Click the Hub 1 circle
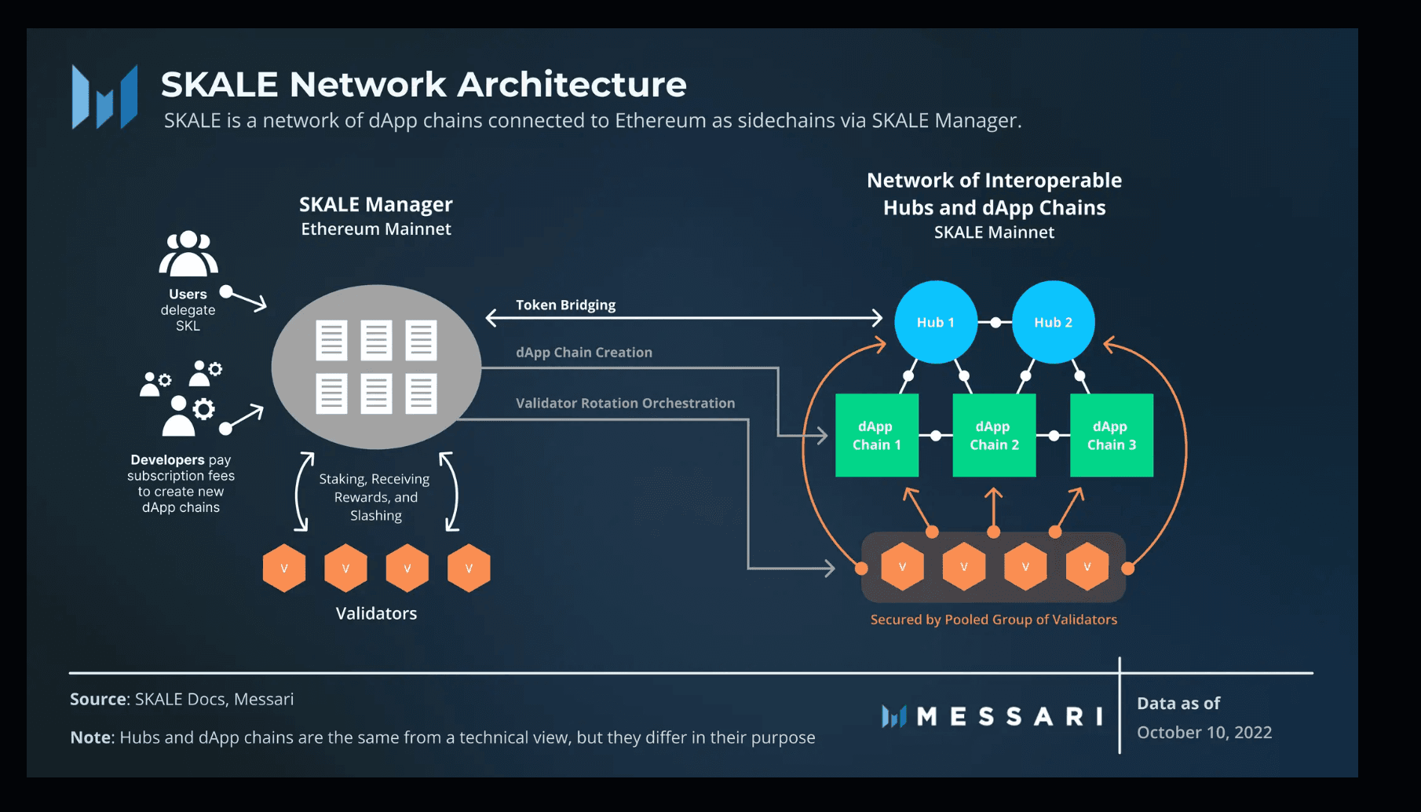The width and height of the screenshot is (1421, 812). point(936,322)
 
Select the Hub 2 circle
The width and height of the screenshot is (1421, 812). point(1053,322)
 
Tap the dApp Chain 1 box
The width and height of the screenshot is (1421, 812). point(876,435)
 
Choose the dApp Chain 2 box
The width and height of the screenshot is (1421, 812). point(994,435)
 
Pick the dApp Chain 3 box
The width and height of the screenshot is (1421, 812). point(1111,435)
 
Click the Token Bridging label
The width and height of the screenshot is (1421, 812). point(565,305)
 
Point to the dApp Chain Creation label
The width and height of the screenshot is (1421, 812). point(583,353)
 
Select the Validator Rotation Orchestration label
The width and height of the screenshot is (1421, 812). point(625,403)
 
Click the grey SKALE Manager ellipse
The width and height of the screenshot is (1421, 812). point(376,367)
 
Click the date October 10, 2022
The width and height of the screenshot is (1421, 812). point(1204,732)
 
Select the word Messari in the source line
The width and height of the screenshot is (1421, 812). point(264,699)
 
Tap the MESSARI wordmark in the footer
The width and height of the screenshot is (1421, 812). point(1008,716)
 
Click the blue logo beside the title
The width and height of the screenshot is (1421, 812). point(104,97)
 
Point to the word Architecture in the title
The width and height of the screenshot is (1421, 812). point(572,84)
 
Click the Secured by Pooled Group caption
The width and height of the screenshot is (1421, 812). point(993,620)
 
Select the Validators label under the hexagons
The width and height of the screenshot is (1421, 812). point(376,613)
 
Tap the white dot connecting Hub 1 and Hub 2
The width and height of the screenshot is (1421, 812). point(995,323)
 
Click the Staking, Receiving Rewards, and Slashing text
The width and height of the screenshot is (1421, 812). point(375,497)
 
